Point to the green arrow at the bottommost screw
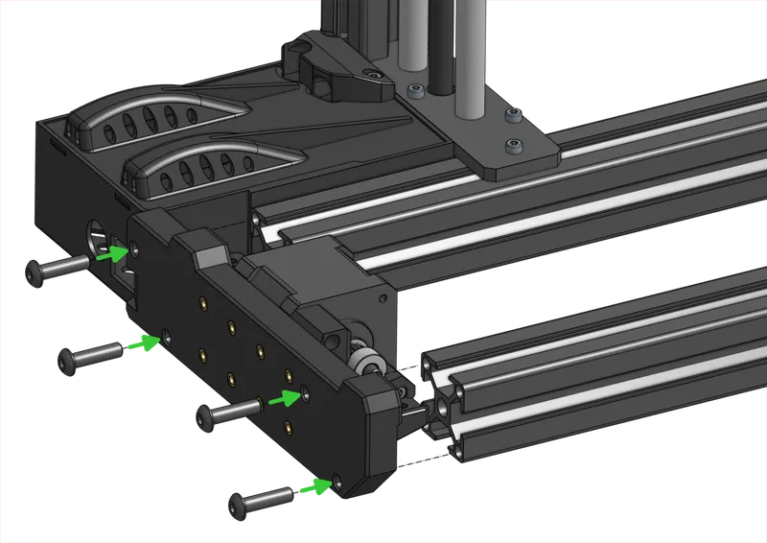coord(314,489)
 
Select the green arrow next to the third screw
coord(284,397)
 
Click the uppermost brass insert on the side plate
coord(203,305)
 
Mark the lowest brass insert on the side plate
coord(288,425)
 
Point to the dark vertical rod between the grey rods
coord(443,48)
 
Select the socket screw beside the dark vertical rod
coord(415,91)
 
